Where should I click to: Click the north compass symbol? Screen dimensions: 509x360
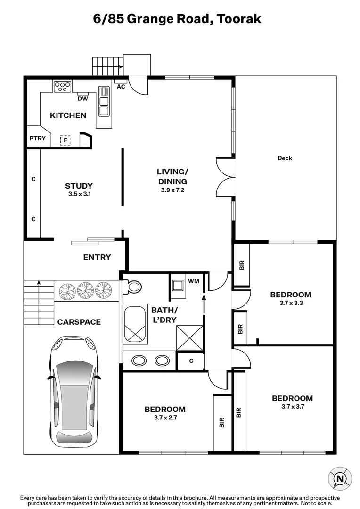(339, 479)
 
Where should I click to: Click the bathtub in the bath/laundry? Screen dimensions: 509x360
(135, 323)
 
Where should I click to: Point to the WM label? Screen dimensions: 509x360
(193, 281)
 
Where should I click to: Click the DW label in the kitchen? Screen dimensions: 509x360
(82, 98)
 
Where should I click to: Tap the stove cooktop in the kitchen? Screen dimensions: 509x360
(63, 86)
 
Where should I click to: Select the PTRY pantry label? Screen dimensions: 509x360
(37, 138)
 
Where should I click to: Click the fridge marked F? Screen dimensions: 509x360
(65, 140)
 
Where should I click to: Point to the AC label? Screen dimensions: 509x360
(121, 87)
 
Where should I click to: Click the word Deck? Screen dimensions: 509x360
(285, 158)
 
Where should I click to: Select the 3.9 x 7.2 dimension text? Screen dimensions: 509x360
(172, 190)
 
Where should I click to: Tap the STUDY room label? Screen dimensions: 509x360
(79, 186)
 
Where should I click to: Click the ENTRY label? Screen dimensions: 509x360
(97, 257)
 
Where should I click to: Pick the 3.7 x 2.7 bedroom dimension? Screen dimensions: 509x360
(165, 418)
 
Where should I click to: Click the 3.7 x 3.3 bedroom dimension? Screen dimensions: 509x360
(290, 304)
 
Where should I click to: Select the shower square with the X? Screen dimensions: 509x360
(189, 337)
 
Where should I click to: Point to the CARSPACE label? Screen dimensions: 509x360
(79, 322)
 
